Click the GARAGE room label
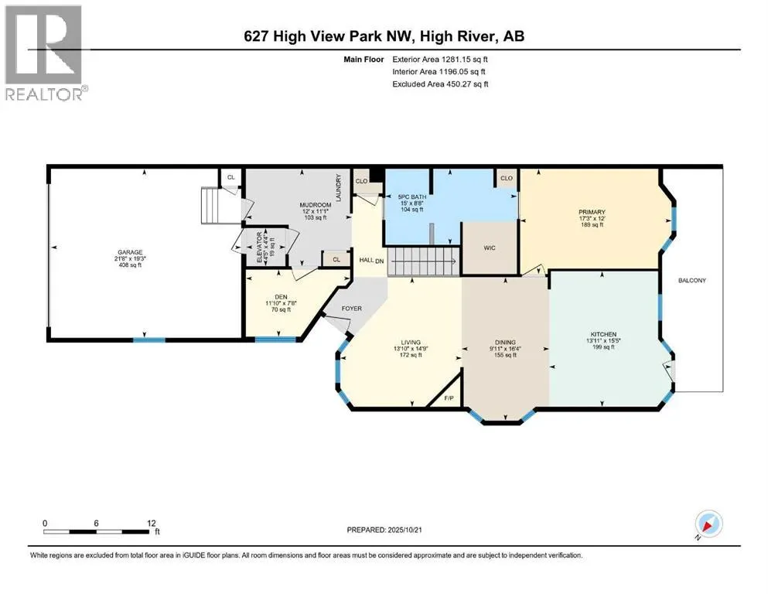tap(130, 252)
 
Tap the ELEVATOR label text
tap(260, 247)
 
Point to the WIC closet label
tap(490, 247)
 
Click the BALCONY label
tap(692, 281)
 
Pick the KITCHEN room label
tap(603, 334)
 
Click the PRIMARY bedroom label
tap(592, 212)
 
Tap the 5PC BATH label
tap(412, 197)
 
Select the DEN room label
tap(282, 297)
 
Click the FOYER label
tap(352, 309)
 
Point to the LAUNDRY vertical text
tap(338, 187)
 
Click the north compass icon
tap(708, 524)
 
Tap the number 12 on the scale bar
tap(152, 523)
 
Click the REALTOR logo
tap(44, 53)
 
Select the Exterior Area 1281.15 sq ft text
tap(440, 60)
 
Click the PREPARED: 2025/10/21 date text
tap(384, 530)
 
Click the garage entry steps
tap(213, 205)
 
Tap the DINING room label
tap(505, 343)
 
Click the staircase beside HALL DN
tap(425, 261)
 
